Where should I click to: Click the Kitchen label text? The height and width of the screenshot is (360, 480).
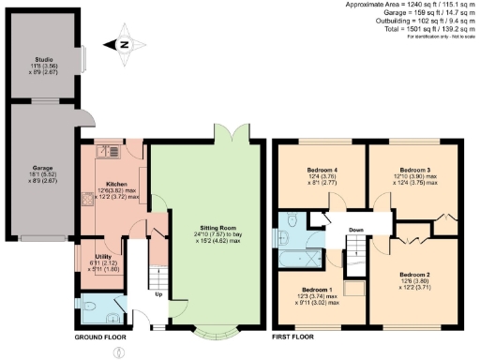pyautogui.click(x=115, y=184)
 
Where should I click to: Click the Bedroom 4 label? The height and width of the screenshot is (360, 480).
pyautogui.click(x=322, y=169)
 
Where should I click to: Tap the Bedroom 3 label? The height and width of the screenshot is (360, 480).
pyautogui.click(x=412, y=169)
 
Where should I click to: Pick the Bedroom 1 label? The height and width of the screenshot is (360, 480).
pyautogui.click(x=316, y=290)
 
